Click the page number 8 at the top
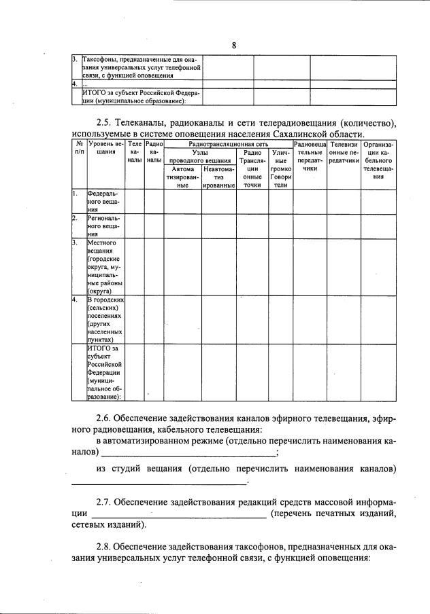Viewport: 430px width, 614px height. point(233,46)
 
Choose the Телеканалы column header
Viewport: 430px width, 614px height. point(135,153)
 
